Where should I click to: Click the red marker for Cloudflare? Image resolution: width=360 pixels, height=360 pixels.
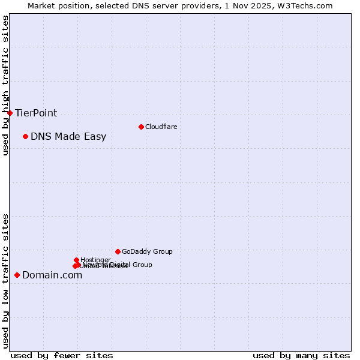point(141,127)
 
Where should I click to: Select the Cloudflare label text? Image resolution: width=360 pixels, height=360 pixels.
point(161,127)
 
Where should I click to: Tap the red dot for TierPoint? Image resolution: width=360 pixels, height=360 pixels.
point(10,113)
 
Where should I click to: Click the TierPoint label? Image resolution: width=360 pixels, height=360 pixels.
point(36,113)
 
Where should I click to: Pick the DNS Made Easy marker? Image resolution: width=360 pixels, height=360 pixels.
point(25,136)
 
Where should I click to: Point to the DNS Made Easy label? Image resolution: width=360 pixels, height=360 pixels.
point(68,136)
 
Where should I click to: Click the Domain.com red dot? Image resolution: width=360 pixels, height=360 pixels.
point(17,275)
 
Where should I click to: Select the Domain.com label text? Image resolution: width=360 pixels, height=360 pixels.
point(52,275)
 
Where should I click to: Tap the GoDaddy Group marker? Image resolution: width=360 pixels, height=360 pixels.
point(118,251)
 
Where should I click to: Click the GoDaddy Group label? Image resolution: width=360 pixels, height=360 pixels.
point(147,251)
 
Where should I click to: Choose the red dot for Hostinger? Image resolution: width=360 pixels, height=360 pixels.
point(76,260)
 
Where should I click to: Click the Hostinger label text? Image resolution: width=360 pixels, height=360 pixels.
point(95,260)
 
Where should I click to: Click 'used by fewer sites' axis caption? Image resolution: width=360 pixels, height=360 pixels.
point(62,355)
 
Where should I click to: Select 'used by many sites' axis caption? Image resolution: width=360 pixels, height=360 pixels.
point(301,355)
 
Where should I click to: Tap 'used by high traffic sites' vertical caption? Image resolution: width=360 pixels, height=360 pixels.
point(5,85)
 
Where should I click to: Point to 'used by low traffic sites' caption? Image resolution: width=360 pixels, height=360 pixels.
point(5,280)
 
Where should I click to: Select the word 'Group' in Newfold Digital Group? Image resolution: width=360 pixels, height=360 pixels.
point(142,265)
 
